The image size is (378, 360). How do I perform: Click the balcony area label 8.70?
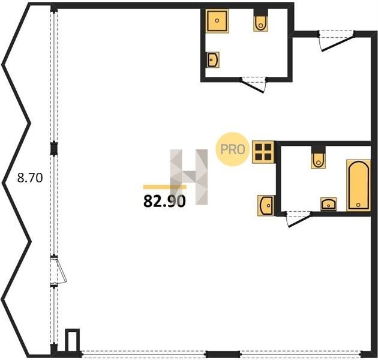point(30,178)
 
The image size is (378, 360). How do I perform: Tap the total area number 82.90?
point(164,202)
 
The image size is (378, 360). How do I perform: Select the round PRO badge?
point(232,149)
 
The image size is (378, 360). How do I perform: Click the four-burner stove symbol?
point(263,152)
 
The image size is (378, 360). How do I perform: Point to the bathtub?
point(358,185)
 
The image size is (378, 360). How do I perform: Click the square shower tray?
point(217,21)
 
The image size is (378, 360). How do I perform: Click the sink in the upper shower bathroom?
point(212,59)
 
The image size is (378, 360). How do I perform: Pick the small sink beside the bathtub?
point(328,204)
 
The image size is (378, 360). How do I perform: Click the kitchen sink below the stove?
point(266,206)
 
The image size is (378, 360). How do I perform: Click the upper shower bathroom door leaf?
point(253,86)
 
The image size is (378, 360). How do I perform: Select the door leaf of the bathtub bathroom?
point(299,220)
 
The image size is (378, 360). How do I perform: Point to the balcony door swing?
point(59,271)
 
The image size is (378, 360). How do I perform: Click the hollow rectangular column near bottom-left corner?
point(73,340)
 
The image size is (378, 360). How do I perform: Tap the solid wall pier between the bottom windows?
point(223,354)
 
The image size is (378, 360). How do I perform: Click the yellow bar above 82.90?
point(164,187)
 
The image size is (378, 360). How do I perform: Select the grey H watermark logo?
point(189,177)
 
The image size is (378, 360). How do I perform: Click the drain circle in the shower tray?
point(217,21)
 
